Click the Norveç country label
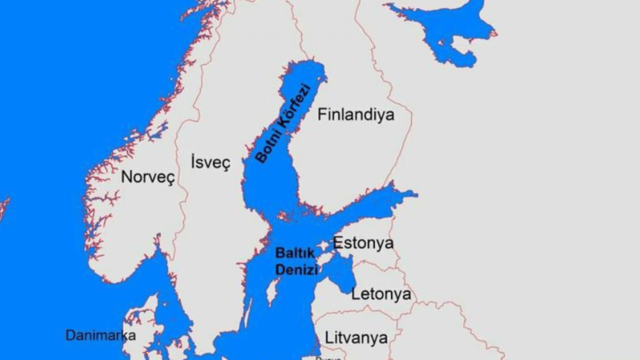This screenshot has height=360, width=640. tap(148, 177)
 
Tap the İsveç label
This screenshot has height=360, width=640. tap(210, 162)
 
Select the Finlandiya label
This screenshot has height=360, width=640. tap(356, 114)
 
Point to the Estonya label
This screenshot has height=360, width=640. tap(363, 243)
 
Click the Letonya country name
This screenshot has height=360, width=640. tap(381, 293)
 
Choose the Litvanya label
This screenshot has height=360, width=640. tap(356, 337)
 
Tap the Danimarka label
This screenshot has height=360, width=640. tap(100, 335)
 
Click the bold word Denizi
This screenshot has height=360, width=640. tap(296, 270)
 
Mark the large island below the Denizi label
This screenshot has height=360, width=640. tap(271, 292)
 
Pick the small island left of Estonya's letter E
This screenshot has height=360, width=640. tap(324, 245)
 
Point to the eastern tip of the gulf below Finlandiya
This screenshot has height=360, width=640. tap(413, 193)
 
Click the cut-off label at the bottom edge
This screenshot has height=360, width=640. tap(328, 357)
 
